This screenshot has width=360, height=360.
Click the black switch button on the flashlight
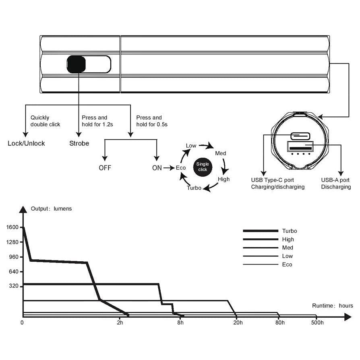click(x=76, y=64)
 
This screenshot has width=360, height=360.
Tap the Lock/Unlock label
click(x=27, y=143)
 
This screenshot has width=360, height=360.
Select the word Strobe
click(x=79, y=143)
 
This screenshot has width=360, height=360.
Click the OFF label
click(x=105, y=168)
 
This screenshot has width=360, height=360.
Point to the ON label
click(x=157, y=168)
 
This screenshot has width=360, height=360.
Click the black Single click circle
click(x=203, y=167)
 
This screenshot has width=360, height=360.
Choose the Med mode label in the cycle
click(x=221, y=153)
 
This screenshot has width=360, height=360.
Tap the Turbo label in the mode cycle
click(x=194, y=188)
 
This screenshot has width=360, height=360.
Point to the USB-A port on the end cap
click(x=299, y=147)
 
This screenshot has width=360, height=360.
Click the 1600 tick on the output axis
click(x=12, y=227)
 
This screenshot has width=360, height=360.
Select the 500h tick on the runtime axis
click(x=317, y=323)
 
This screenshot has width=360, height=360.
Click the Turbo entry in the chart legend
click(x=290, y=231)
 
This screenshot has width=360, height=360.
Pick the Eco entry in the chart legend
click(x=287, y=265)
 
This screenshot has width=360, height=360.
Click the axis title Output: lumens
click(x=52, y=209)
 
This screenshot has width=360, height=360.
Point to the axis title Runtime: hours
click(x=333, y=306)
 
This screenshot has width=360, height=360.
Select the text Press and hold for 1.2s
click(x=97, y=121)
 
